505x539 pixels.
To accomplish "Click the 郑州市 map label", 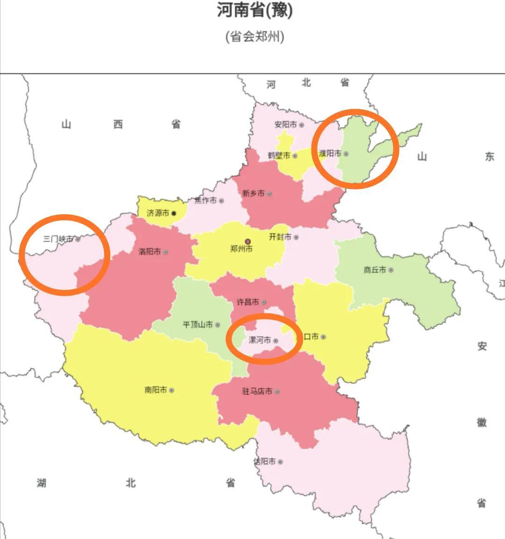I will point(241,249).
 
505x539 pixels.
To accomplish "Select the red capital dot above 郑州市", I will point(248,241).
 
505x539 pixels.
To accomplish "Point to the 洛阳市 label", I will point(150,252).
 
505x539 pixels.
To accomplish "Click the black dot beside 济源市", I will point(174,213).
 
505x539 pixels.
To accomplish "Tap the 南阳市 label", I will point(156,390).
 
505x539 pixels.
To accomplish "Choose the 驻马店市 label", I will point(257,391).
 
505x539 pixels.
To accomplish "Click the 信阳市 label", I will point(265,461).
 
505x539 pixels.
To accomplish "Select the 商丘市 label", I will point(375,270).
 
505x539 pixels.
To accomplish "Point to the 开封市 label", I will point(280,237).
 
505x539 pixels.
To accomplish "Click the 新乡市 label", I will point(253,193).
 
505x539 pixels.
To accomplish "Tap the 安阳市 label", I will point(285,125).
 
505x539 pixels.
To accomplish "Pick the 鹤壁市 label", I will point(279,155).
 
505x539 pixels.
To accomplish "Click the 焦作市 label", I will point(206,200).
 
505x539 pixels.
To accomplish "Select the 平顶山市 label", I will point(198,324).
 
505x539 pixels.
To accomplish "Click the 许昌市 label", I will point(248,302).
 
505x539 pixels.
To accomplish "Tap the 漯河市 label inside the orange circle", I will point(260,340).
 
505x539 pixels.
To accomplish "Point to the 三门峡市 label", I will point(58,239).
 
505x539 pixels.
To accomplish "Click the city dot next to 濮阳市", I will point(346,153).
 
